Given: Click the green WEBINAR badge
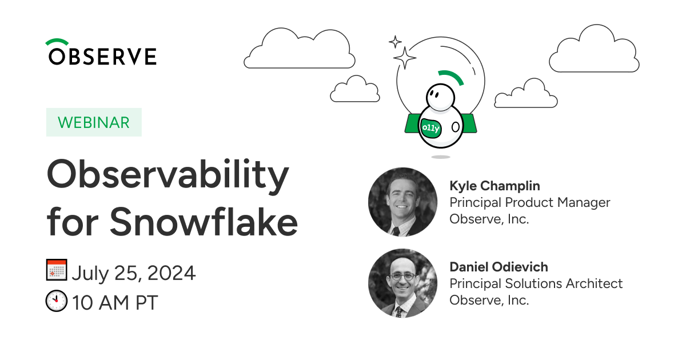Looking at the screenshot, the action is [94, 122].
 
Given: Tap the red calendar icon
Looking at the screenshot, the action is [57, 270].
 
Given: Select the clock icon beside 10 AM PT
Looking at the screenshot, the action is [57, 301].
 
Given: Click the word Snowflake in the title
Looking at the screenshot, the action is [204, 222].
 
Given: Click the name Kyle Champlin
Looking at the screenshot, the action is [494, 186].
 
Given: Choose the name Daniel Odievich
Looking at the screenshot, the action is [498, 267].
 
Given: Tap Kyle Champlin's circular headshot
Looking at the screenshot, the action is [402, 202].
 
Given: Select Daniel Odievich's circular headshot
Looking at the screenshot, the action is [402, 283].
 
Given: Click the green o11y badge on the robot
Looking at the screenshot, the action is [430, 127].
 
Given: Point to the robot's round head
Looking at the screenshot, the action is [440, 97].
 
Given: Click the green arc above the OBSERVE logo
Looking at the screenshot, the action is [57, 42].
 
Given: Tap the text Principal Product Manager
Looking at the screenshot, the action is [530, 202].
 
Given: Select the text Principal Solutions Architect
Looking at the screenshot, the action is [536, 283].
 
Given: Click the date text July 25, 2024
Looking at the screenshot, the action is [134, 273].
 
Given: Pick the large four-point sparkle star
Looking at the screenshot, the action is [405, 58].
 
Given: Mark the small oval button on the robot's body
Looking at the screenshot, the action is [456, 127].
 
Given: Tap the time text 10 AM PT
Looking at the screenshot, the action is [115, 303].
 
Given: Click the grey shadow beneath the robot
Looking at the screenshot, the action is [441, 157].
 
